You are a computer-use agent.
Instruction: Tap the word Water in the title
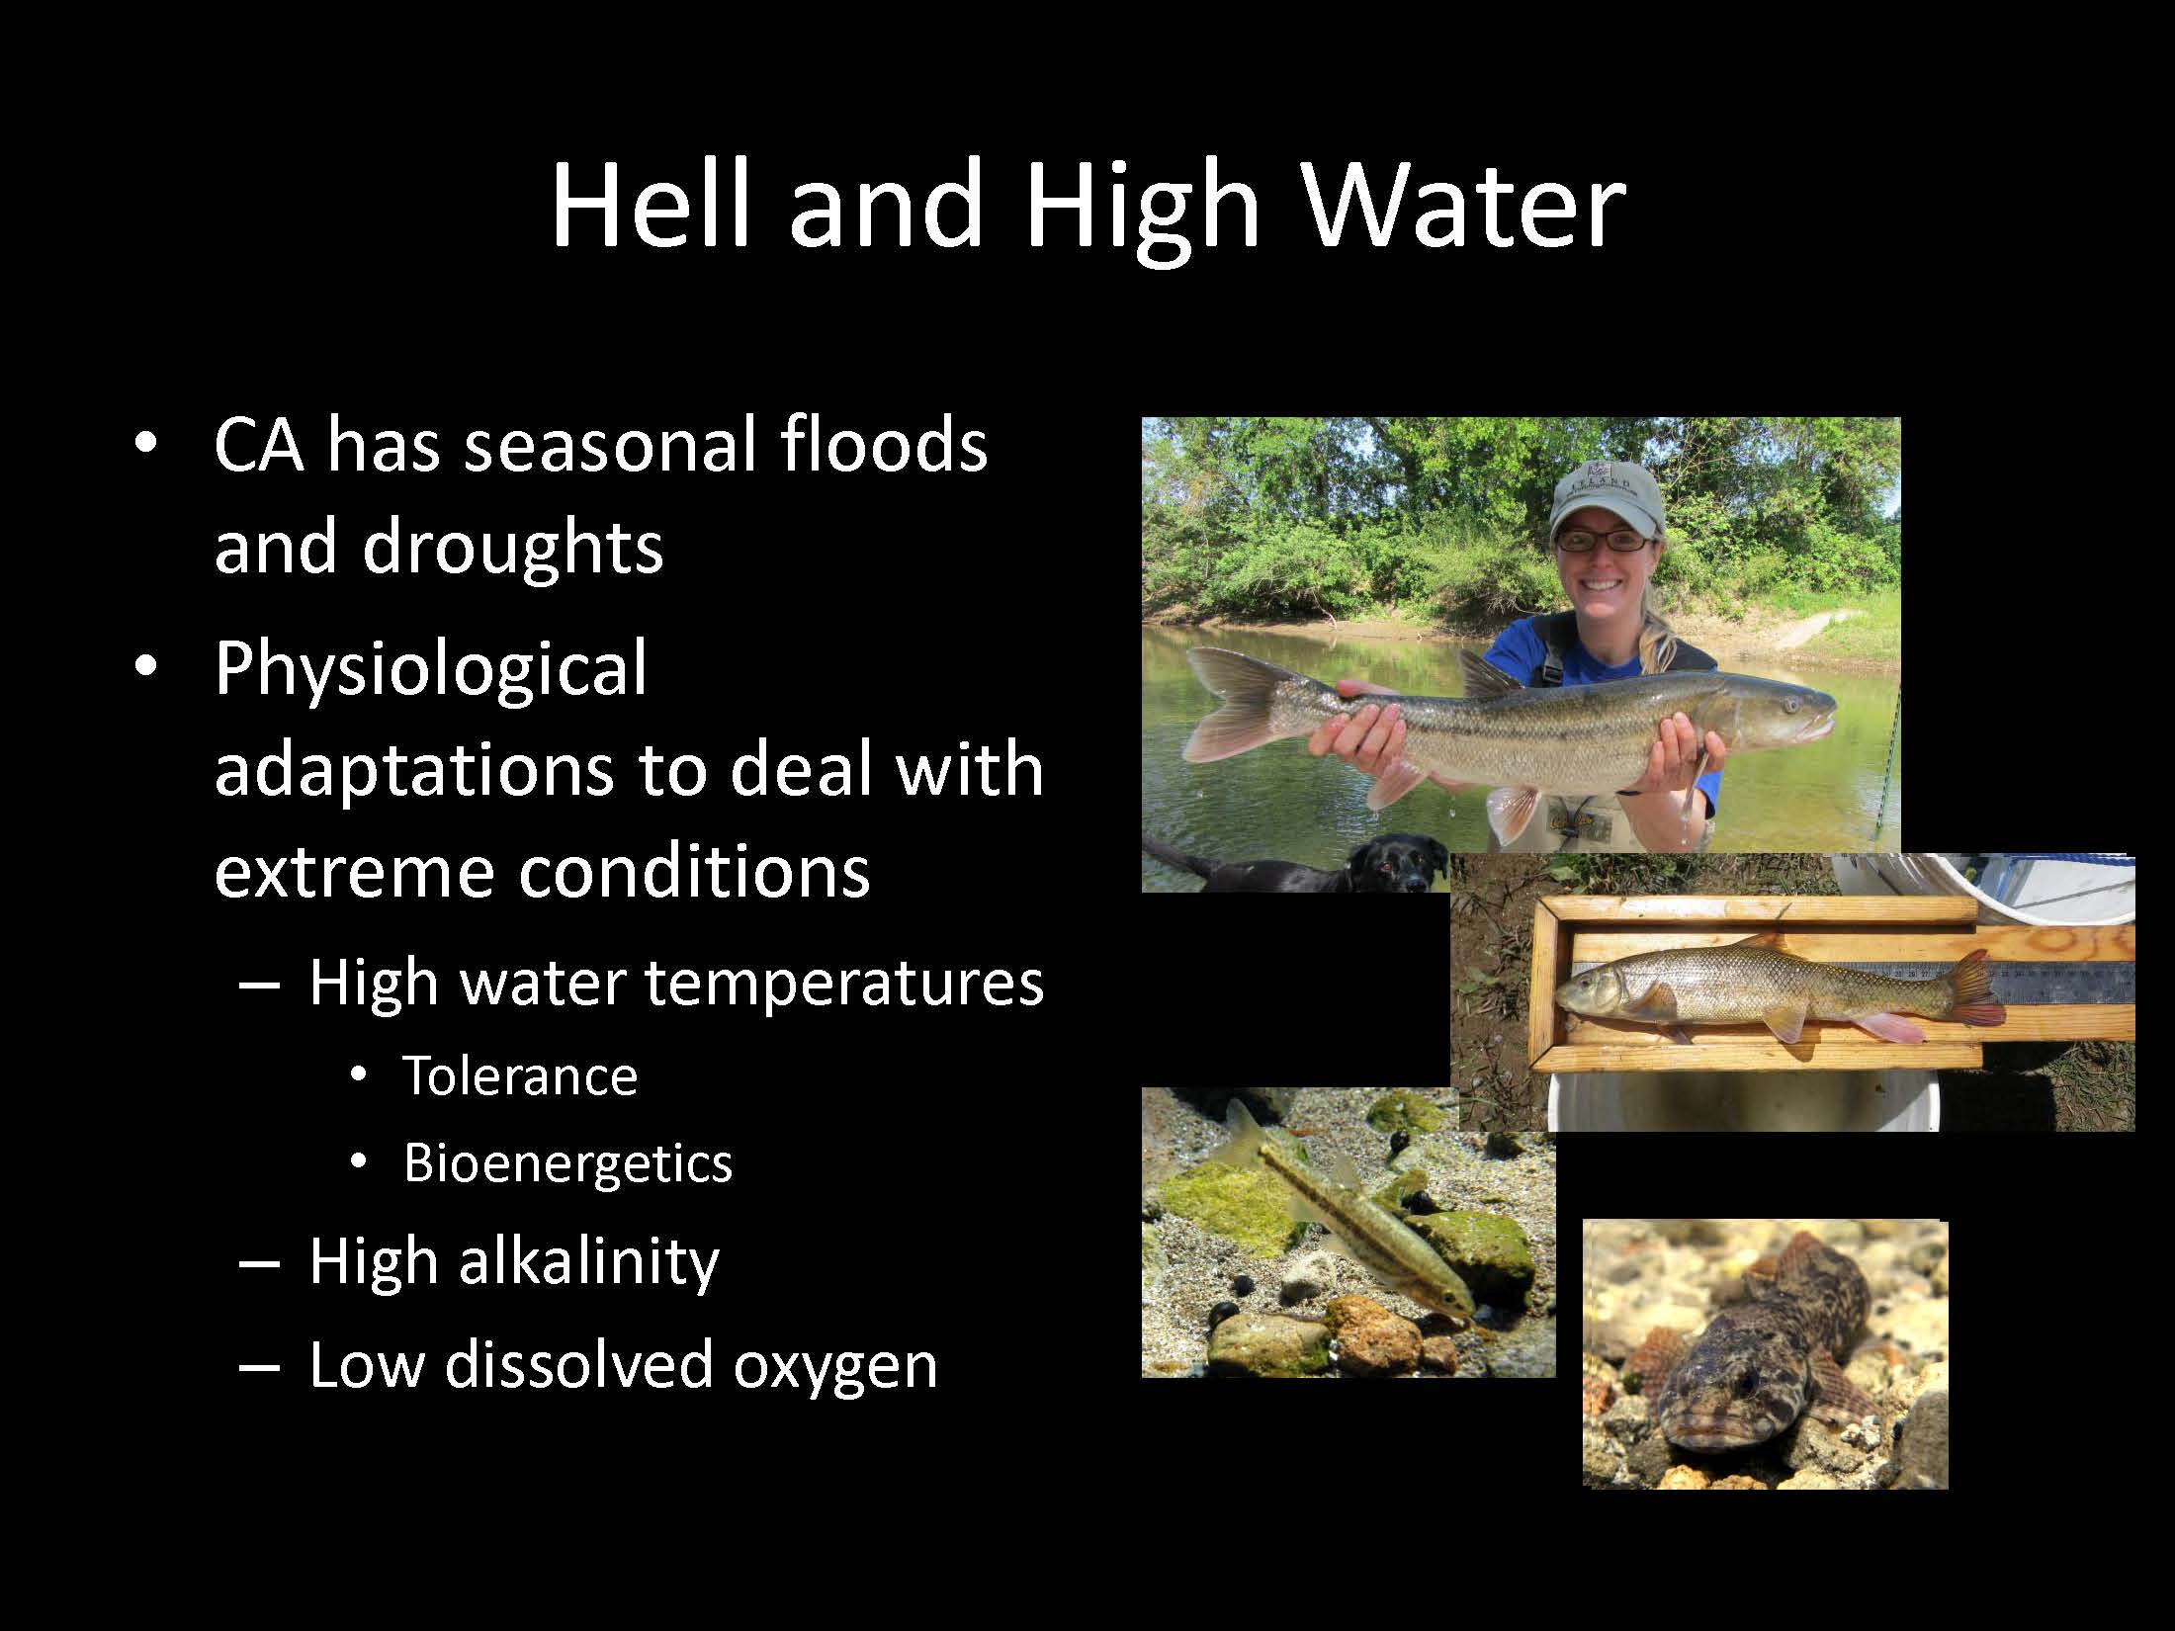click(1464, 202)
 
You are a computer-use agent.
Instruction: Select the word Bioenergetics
click(567, 1162)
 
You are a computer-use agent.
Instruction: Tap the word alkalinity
click(587, 1261)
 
